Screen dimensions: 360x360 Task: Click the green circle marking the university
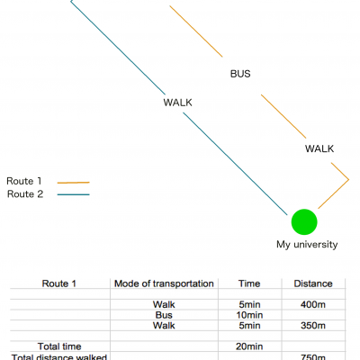click(304, 221)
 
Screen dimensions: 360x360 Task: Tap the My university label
click(307, 245)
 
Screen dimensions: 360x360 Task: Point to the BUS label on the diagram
click(240, 74)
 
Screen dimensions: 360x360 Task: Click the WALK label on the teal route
click(177, 103)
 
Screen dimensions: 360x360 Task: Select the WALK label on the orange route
click(319, 148)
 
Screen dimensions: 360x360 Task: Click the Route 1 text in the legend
click(24, 181)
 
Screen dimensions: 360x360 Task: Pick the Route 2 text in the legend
click(25, 194)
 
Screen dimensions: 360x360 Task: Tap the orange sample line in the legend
click(74, 183)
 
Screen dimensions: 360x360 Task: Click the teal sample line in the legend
click(74, 194)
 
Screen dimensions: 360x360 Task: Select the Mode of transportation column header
click(164, 283)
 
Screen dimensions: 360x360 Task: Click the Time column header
click(249, 283)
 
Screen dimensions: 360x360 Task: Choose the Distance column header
click(313, 283)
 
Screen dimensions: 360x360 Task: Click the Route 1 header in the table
click(59, 283)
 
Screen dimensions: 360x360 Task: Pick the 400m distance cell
click(313, 304)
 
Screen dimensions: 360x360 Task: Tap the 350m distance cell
click(313, 326)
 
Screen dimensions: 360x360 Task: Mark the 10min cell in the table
click(249, 315)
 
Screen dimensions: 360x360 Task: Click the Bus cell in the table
click(164, 315)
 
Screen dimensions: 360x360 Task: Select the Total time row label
click(59, 346)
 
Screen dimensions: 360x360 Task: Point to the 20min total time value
click(249, 346)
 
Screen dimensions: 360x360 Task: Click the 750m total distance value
click(313, 357)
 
